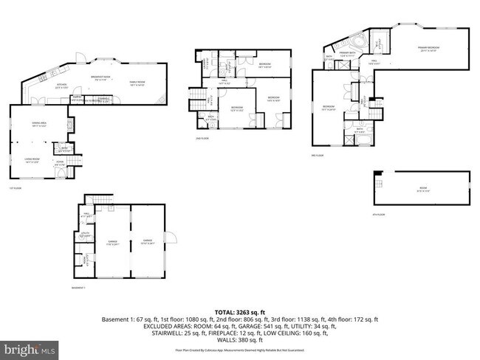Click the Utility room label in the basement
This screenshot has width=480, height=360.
pyautogui.click(x=86, y=235)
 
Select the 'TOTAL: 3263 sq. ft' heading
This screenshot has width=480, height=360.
pyautogui.click(x=239, y=312)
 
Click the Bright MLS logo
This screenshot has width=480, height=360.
pyautogui.click(x=30, y=347)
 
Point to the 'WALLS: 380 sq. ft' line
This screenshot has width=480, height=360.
pyautogui.click(x=239, y=339)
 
